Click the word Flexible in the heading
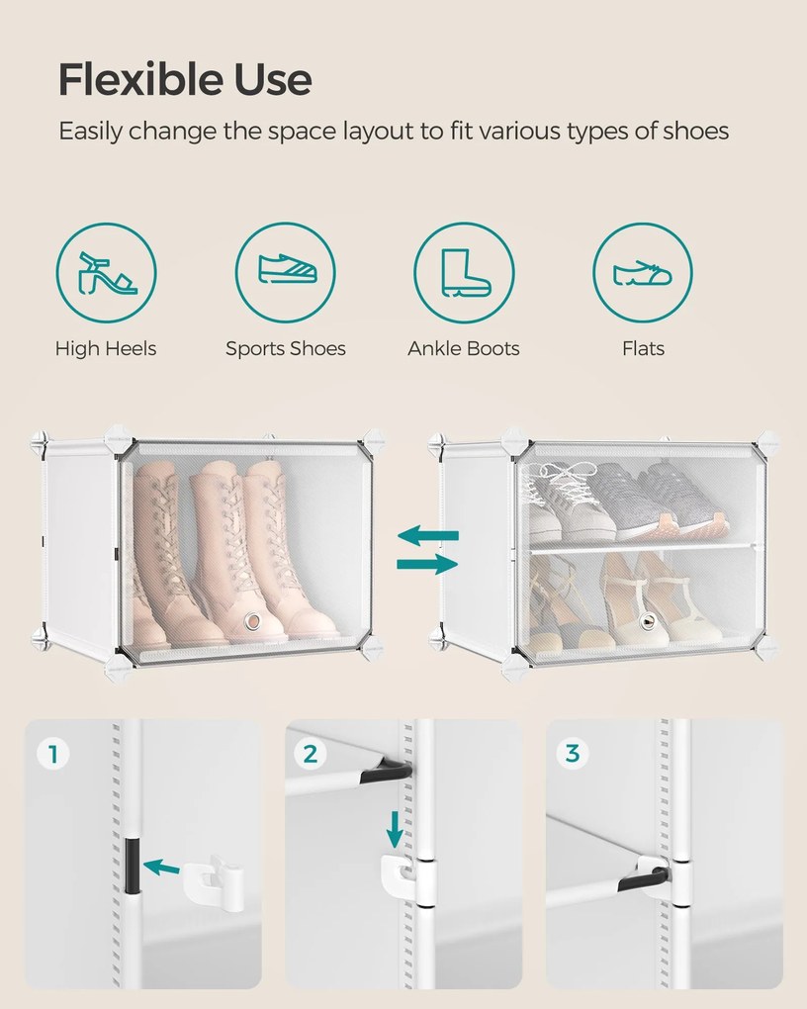click(140, 79)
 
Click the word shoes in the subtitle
click(695, 131)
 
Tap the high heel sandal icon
click(106, 273)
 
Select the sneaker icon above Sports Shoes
click(287, 268)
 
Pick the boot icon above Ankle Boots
click(465, 273)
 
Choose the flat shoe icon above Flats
click(642, 273)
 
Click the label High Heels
click(106, 348)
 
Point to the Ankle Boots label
click(464, 348)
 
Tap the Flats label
click(643, 348)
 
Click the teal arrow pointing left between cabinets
click(428, 535)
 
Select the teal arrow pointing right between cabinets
click(428, 564)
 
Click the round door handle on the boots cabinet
click(252, 621)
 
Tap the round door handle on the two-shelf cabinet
click(648, 621)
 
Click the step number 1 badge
click(52, 754)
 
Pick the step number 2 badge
click(311, 754)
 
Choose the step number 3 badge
click(572, 753)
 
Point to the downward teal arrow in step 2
click(395, 830)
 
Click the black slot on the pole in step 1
click(132, 866)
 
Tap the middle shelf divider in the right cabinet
click(640, 548)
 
